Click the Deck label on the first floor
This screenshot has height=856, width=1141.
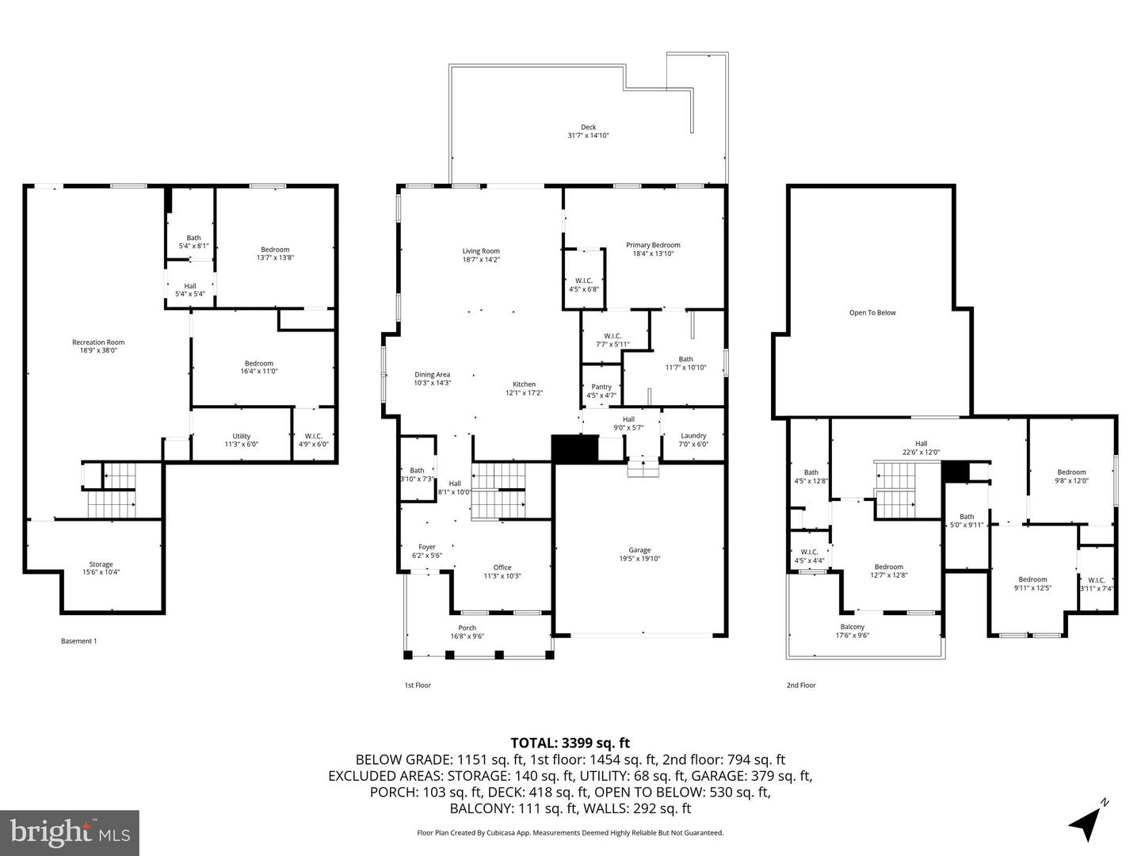click(588, 128)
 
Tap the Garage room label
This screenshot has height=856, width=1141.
click(639, 550)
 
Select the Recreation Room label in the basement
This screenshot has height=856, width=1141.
click(98, 342)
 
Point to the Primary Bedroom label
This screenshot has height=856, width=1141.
click(653, 245)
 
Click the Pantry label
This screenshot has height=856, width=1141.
click(601, 387)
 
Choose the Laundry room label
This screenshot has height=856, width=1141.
click(693, 436)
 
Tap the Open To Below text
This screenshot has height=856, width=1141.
click(872, 313)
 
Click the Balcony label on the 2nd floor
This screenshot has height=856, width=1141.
click(853, 627)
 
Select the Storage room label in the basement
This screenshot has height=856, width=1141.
click(101, 564)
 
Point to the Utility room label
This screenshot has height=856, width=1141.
click(242, 436)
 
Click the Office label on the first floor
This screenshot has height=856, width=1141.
click(502, 567)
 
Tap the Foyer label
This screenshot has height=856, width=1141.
click(427, 547)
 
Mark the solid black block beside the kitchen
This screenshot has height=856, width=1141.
click(574, 449)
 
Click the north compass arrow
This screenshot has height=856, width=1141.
click(1087, 821)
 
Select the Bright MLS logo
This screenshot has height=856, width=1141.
click(70, 832)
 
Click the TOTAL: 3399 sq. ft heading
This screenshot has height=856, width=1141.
click(570, 743)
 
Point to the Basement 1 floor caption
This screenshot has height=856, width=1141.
click(78, 641)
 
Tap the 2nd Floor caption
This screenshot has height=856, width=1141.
click(800, 685)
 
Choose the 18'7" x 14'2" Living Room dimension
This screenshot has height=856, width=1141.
click(481, 260)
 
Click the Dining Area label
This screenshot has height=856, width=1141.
click(432, 375)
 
